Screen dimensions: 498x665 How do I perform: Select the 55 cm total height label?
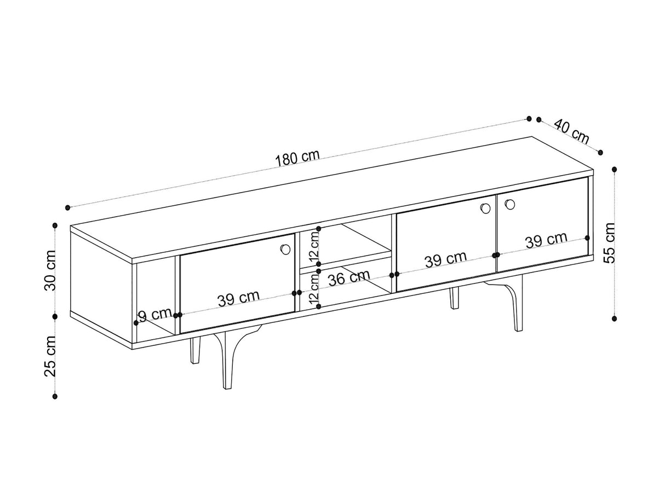pos(610,244)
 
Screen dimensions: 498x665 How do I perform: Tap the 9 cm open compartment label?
pos(156,315)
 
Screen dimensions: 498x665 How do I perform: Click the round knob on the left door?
pos(285,249)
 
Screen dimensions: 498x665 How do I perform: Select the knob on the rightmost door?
pos(510,204)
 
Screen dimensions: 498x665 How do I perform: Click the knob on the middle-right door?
pos(485,208)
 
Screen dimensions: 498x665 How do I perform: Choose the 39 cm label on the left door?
pos(238,299)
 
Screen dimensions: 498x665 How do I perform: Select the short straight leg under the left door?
pos(195,350)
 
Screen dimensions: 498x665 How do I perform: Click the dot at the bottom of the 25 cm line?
pos(55,396)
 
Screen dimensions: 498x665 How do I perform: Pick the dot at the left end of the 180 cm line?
pos(67,207)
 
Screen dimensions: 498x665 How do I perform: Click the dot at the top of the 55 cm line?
pos(615,169)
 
